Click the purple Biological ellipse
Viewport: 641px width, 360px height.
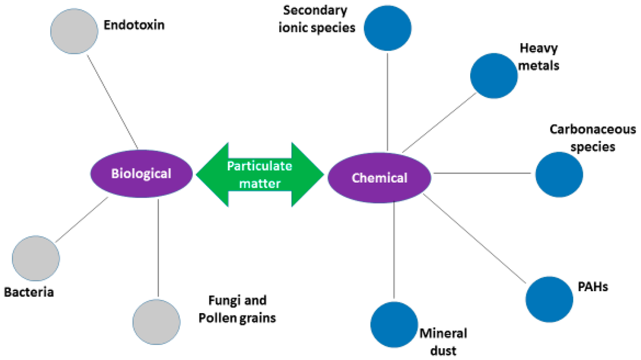[x=141, y=173]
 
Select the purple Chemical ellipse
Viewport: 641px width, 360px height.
[x=379, y=178]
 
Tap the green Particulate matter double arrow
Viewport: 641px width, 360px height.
[x=260, y=173]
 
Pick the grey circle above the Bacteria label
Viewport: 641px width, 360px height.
[x=36, y=259]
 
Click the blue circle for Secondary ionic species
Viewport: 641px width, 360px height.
[x=387, y=28]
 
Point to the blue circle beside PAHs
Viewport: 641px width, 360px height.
[x=550, y=298]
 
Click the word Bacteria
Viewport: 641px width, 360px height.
[x=29, y=292]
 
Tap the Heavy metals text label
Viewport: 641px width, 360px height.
[x=539, y=57]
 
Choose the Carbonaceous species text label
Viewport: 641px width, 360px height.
[x=592, y=138]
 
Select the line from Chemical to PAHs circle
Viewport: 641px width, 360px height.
[x=476, y=237]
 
